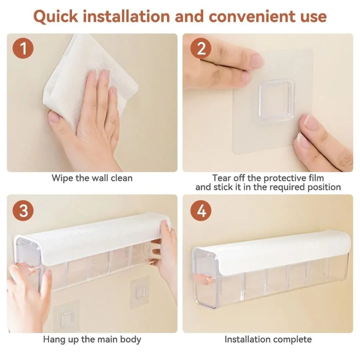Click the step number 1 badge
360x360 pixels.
pyautogui.click(x=23, y=48)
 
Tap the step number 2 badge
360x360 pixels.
pyautogui.click(x=201, y=48)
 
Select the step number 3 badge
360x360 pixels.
pyautogui.click(x=23, y=211)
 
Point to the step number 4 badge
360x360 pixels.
pyautogui.click(x=201, y=211)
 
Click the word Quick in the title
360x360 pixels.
pyautogui.click(x=56, y=17)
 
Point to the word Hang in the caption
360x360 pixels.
pyautogui.click(x=53, y=340)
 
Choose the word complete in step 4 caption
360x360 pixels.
pyautogui.click(x=293, y=339)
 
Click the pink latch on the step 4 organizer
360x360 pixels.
pyautogui.click(x=203, y=279)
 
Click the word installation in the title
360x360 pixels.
pyautogui.click(x=126, y=17)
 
